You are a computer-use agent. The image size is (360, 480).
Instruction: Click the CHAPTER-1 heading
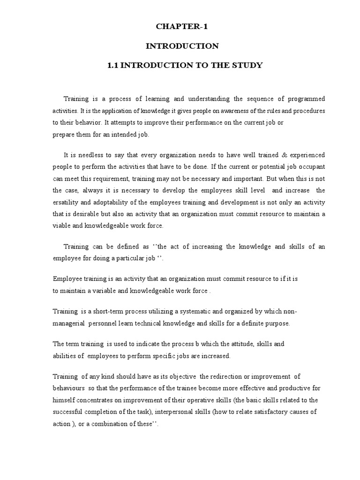click(182, 27)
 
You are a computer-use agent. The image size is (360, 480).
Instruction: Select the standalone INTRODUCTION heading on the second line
click(182, 46)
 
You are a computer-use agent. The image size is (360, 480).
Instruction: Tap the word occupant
click(311, 166)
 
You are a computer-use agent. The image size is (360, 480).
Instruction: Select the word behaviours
click(68, 389)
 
